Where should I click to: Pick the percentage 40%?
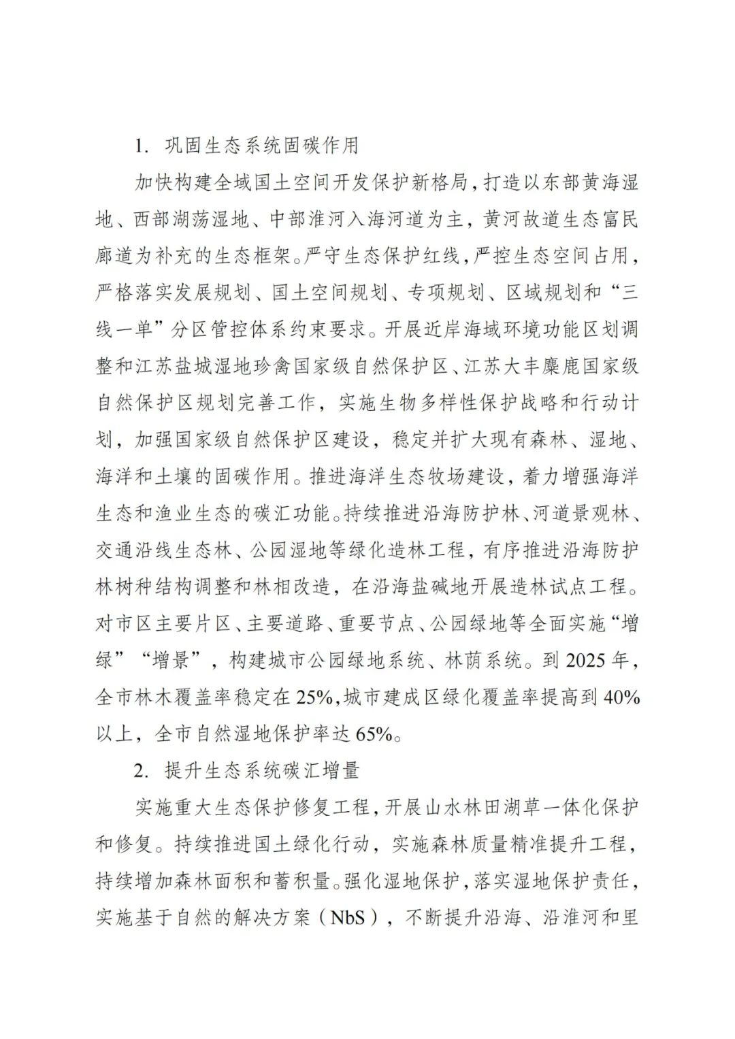621,697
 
